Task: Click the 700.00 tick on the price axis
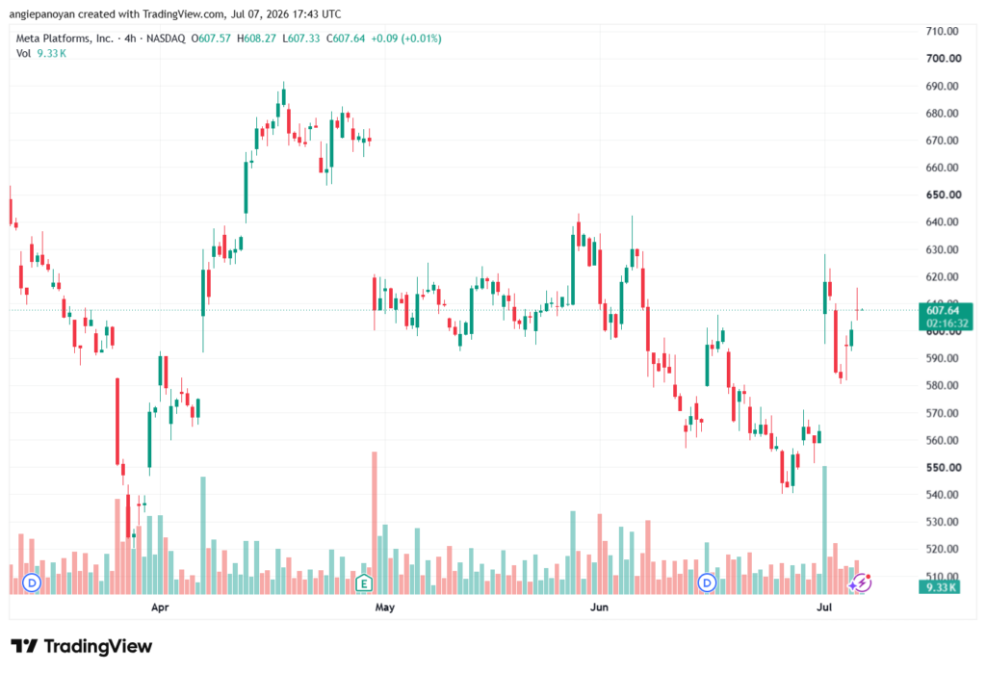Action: pos(944,59)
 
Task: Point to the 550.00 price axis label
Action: pos(944,468)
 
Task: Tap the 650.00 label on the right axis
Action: pos(944,195)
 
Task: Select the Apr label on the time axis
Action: pos(160,607)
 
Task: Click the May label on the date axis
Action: pos(385,607)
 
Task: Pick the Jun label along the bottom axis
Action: pos(599,607)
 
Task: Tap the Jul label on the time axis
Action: pos(824,607)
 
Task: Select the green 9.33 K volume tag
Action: pos(940,587)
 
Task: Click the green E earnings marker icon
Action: pos(363,583)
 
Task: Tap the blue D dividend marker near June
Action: pos(707,583)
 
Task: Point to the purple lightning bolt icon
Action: pos(860,583)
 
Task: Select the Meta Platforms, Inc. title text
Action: pos(65,39)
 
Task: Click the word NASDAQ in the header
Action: pos(166,39)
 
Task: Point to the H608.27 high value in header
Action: pos(256,39)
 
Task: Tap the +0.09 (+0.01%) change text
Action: pos(406,39)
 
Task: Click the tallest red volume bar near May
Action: pos(375,523)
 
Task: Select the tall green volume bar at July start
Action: pos(824,531)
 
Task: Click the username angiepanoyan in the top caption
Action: pos(41,14)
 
